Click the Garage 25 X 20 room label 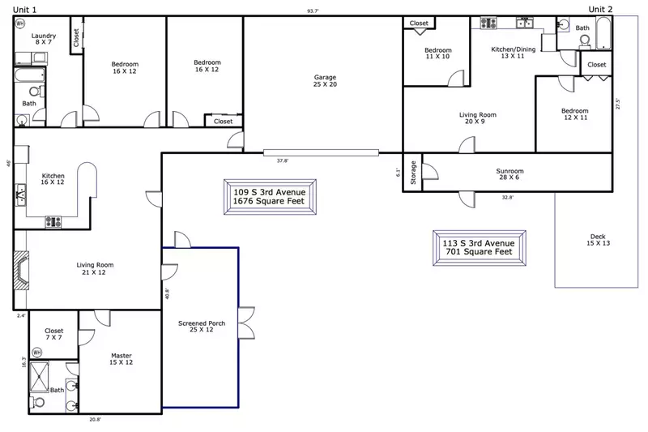click(325, 81)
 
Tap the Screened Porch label click(201, 327)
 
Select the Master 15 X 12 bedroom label click(121, 359)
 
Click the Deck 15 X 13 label click(597, 240)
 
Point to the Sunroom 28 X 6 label click(509, 175)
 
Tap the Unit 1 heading click(24, 9)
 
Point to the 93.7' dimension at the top click(313, 11)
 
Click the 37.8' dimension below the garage click(283, 160)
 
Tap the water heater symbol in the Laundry click(20, 24)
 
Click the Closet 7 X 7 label click(53, 335)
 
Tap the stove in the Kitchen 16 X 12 click(53, 220)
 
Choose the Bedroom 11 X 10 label click(437, 53)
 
